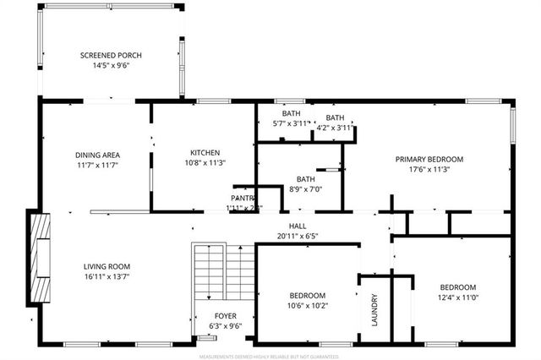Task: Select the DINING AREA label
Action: [97, 155]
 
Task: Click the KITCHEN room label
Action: [205, 152]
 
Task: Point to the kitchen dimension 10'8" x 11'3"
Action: [205, 162]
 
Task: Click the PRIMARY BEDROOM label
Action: [430, 159]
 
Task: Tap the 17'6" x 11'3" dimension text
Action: [430, 169]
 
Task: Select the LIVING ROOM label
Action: [106, 266]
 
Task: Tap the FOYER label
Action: [225, 315]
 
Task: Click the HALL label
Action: [297, 226]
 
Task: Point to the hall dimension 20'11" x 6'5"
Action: [297, 237]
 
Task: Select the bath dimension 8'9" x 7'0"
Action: [305, 189]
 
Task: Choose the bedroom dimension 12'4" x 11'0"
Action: [457, 297]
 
